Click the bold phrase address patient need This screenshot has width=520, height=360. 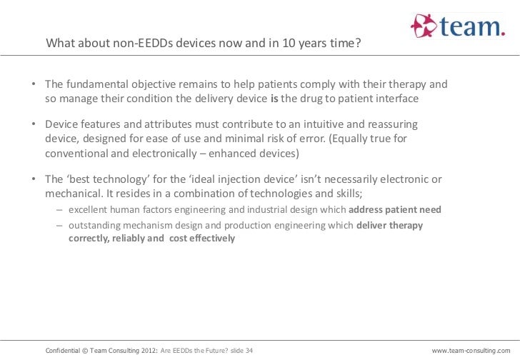[395, 210]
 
